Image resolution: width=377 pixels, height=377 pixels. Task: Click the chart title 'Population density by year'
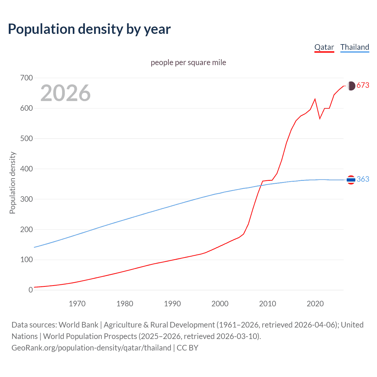89,29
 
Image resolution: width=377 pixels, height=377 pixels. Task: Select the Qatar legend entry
324,47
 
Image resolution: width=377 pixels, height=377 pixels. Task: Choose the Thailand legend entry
355,47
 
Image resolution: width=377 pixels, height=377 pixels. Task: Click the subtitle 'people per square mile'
188,62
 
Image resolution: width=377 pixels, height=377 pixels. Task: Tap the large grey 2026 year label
65,93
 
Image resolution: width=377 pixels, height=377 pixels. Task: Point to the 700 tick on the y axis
27,78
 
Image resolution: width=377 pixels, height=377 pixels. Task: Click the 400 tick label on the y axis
27,169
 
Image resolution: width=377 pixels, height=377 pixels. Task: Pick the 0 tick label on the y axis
31,290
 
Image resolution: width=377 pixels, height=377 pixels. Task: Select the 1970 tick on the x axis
77,304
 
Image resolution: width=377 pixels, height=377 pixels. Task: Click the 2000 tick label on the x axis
220,304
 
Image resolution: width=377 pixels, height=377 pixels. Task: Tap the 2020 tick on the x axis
315,304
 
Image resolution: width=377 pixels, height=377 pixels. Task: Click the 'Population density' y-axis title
12,183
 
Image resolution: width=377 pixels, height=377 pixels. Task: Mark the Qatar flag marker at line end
351,86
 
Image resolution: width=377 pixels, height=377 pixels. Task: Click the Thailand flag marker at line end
351,179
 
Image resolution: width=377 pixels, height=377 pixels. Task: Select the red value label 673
363,85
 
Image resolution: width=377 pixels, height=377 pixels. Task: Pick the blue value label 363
363,179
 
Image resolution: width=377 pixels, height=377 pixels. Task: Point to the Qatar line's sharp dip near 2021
320,118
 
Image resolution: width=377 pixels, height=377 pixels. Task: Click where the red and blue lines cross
261,185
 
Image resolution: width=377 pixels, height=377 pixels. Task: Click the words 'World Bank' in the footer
78,325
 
